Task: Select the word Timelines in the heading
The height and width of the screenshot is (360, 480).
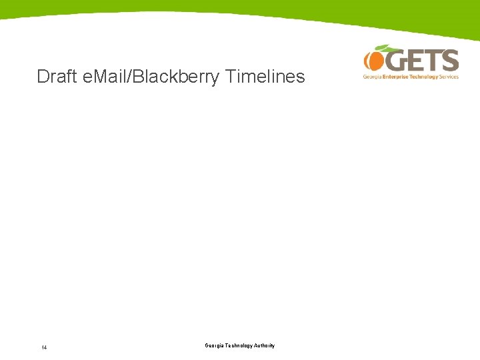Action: (x=265, y=77)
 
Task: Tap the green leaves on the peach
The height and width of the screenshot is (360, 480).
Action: (x=383, y=47)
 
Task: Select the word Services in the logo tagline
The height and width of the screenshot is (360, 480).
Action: (x=449, y=77)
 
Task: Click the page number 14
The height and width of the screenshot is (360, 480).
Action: (x=43, y=347)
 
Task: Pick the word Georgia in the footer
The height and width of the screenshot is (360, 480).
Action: (x=215, y=345)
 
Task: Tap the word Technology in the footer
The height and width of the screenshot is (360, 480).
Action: (x=240, y=345)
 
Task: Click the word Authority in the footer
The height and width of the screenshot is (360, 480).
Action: (x=265, y=345)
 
